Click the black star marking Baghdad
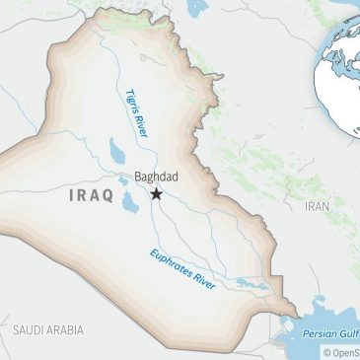(x=157, y=194)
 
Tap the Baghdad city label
(x=156, y=179)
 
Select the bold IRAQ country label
(x=94, y=195)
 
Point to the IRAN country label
(x=317, y=206)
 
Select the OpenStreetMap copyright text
(x=341, y=352)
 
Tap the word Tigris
(x=132, y=101)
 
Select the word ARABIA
(x=67, y=325)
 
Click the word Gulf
(x=350, y=334)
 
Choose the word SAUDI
(x=27, y=325)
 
